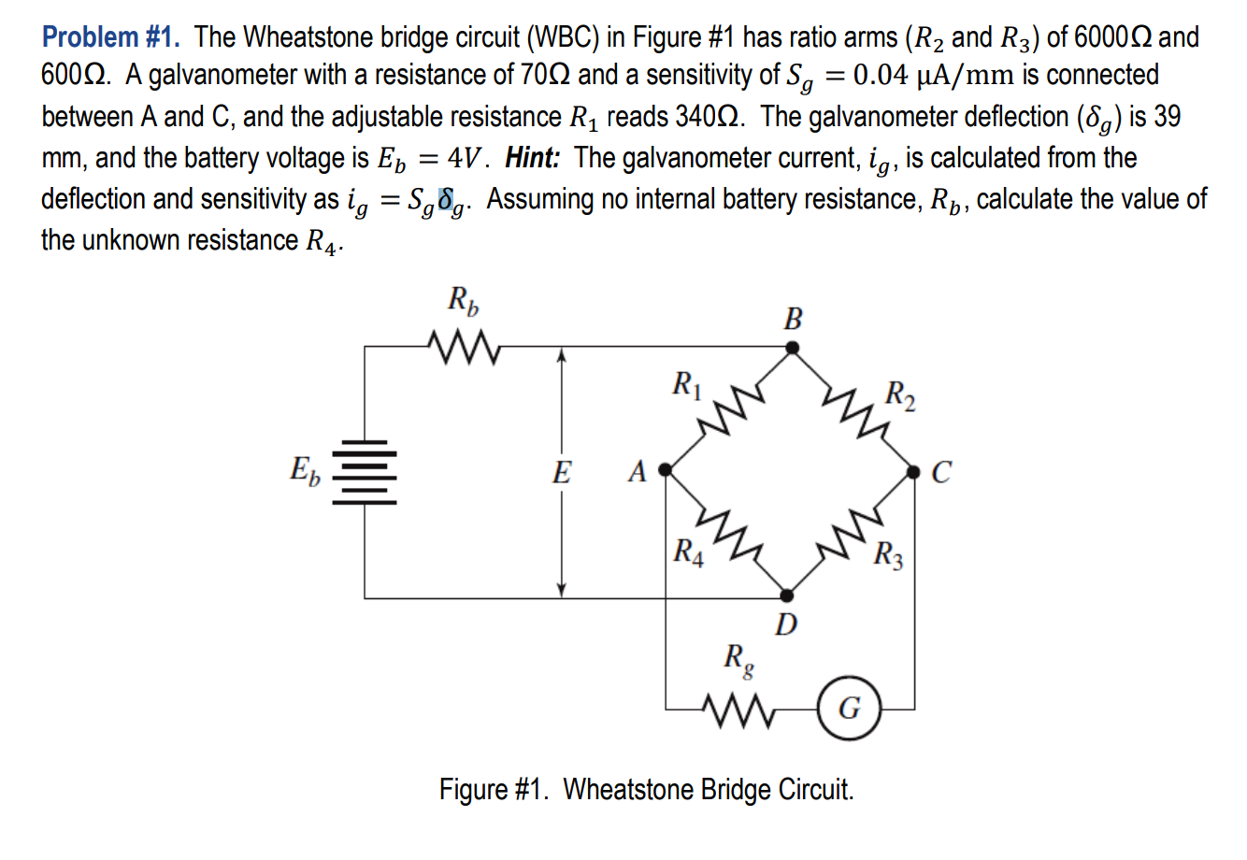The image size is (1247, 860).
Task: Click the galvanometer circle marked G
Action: [x=848, y=709]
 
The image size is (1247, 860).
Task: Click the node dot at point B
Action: [x=792, y=348]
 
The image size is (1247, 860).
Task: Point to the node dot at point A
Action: [x=666, y=469]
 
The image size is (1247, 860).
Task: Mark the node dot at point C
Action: [x=914, y=473]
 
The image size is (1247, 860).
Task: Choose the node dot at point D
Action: [x=787, y=595]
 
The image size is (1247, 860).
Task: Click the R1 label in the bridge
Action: [x=687, y=384]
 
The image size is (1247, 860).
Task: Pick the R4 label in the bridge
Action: [x=689, y=552]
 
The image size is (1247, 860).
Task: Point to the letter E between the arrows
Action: [x=561, y=472]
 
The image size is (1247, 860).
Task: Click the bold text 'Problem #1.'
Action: [x=112, y=37]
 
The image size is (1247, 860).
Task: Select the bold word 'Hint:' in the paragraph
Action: [x=533, y=158]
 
